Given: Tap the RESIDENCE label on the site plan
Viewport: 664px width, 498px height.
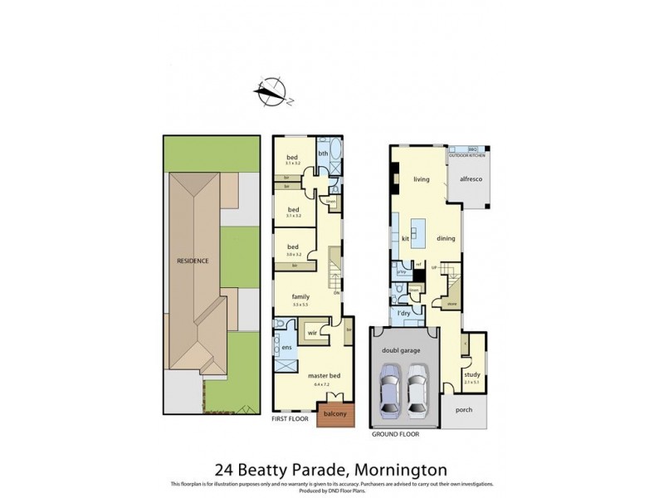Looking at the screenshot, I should click(192, 261).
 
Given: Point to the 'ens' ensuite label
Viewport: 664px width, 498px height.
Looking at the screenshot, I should click(286, 348).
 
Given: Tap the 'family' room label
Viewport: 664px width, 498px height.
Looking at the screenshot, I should click(300, 295).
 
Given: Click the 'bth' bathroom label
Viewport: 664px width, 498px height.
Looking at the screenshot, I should click(323, 154).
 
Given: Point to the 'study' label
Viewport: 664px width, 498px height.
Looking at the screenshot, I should click(471, 374).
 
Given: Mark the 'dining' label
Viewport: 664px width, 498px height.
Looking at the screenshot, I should click(447, 239).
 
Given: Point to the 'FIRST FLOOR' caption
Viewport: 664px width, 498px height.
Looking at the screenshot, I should click(290, 419).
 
